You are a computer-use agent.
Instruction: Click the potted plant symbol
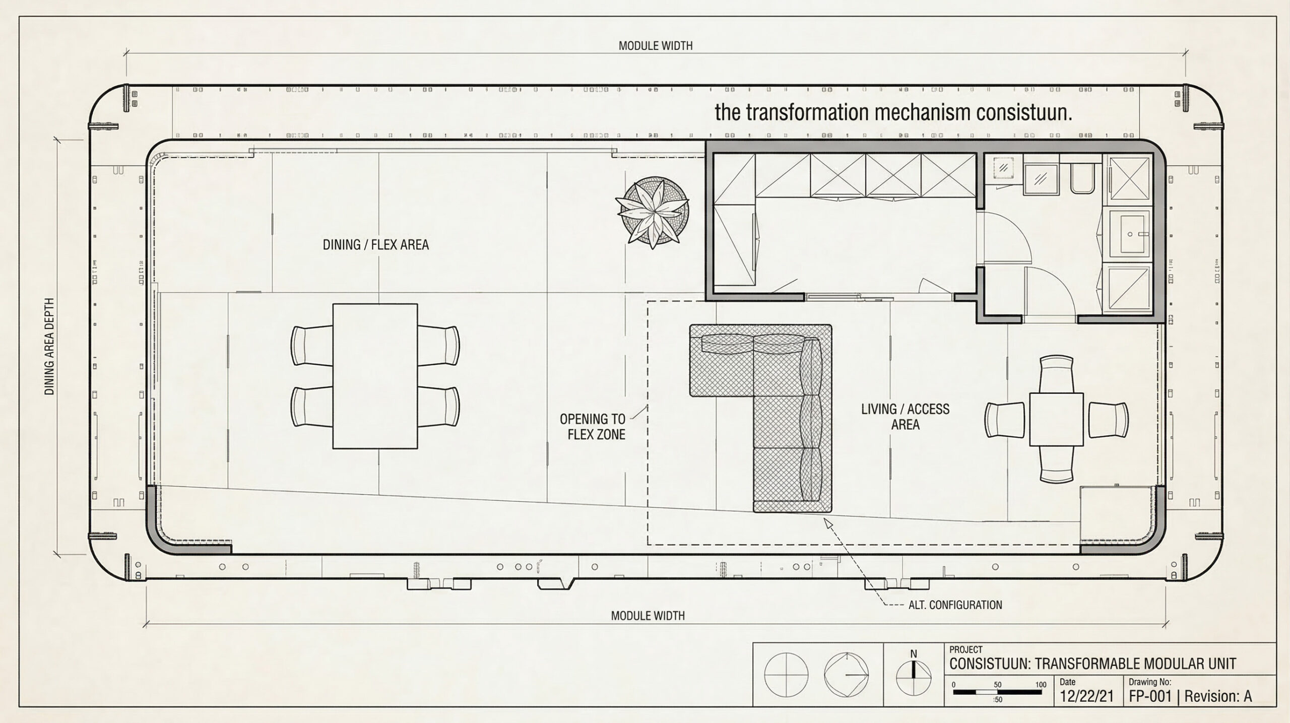click(x=653, y=213)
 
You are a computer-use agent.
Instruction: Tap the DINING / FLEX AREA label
click(x=375, y=245)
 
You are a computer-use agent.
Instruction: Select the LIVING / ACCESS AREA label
click(x=905, y=416)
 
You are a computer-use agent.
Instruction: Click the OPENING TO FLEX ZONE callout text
click(x=593, y=426)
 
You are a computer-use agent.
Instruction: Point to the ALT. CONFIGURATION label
click(x=955, y=605)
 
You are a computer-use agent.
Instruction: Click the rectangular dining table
click(x=375, y=376)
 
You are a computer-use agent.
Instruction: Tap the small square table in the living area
click(x=1056, y=419)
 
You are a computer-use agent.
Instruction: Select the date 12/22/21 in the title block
click(x=1086, y=696)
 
